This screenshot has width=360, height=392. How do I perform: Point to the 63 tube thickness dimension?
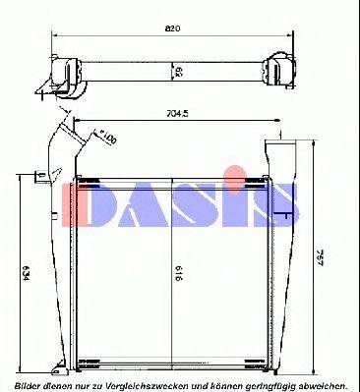pyautogui.click(x=176, y=72)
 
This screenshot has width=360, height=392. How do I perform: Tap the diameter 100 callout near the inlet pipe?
pyautogui.click(x=107, y=138)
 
